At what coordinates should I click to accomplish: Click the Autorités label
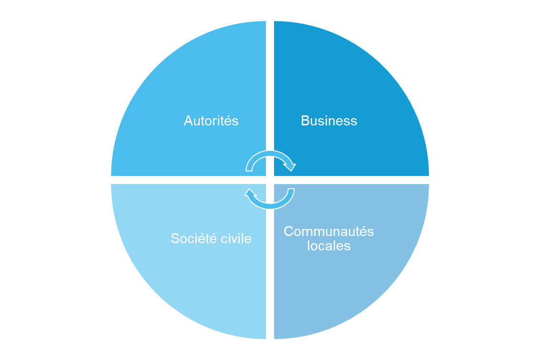211,121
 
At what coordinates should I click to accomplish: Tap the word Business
329,121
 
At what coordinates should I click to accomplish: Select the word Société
194,238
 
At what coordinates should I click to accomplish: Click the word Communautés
328,232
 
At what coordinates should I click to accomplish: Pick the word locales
328,246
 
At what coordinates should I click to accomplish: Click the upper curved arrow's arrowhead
290,167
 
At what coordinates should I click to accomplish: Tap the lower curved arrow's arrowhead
250,193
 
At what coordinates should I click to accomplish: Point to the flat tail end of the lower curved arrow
291,190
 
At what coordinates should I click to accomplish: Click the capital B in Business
305,121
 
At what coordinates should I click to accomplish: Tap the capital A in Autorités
188,121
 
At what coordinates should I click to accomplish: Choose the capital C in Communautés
289,232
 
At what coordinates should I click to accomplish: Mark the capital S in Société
175,238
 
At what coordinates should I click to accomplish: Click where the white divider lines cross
270,180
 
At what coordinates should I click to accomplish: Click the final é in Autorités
228,121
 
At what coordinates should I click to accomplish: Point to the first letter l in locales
308,246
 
